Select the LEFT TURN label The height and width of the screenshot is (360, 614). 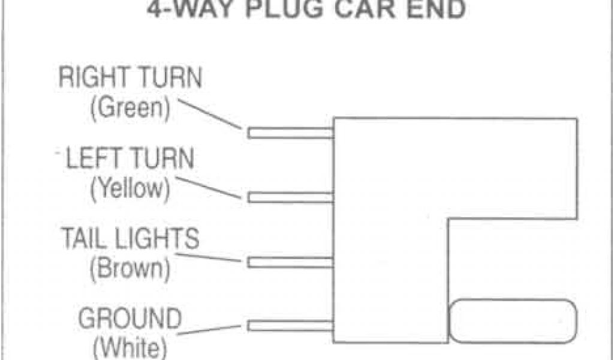coord(130,160)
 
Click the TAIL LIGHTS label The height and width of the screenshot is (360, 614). coord(130,239)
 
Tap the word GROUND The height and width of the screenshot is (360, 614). coord(130,319)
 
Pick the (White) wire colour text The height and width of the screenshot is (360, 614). coord(130,347)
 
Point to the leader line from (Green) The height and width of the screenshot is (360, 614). coord(209,115)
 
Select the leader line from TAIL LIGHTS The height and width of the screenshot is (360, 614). coord(219,258)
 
